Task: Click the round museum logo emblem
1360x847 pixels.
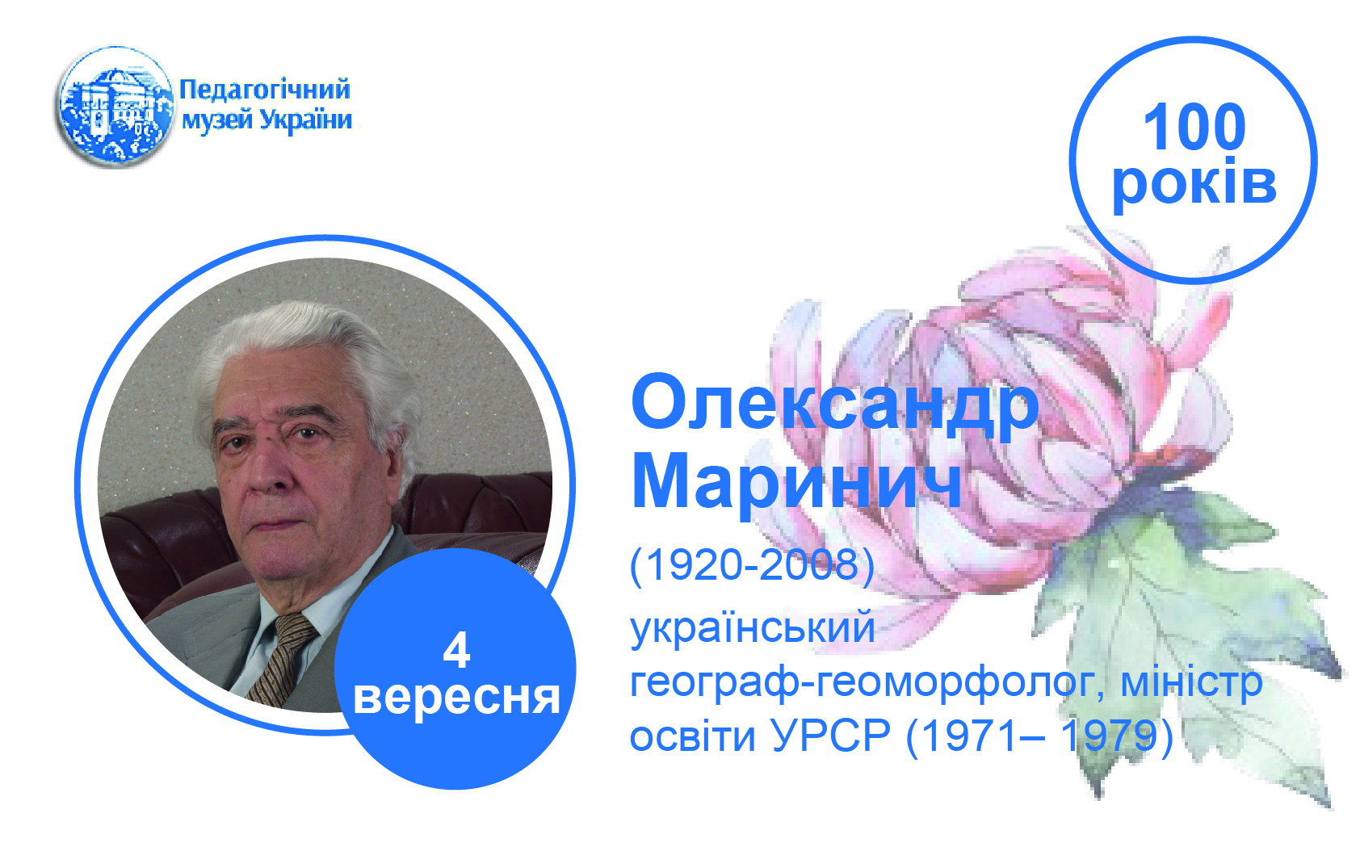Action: (x=115, y=106)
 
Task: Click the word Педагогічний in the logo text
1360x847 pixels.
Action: (x=265, y=90)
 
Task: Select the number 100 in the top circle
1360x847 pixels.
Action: (x=1194, y=127)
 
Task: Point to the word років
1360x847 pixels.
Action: (x=1194, y=182)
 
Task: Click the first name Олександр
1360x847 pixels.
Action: (x=835, y=405)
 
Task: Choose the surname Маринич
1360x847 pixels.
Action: (x=796, y=481)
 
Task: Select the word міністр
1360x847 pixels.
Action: (x=1191, y=681)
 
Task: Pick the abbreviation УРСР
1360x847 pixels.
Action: (x=831, y=736)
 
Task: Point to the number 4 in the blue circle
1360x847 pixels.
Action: (x=456, y=650)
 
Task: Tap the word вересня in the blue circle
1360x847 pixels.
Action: (x=456, y=698)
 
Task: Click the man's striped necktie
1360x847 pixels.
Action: (x=281, y=660)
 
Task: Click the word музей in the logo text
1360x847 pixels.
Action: (x=217, y=120)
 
